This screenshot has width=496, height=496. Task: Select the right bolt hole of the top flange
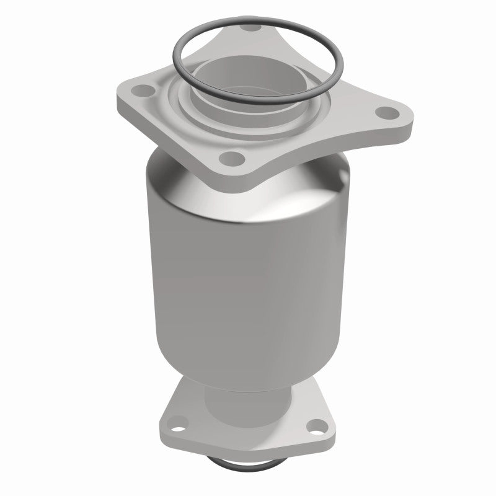390,113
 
